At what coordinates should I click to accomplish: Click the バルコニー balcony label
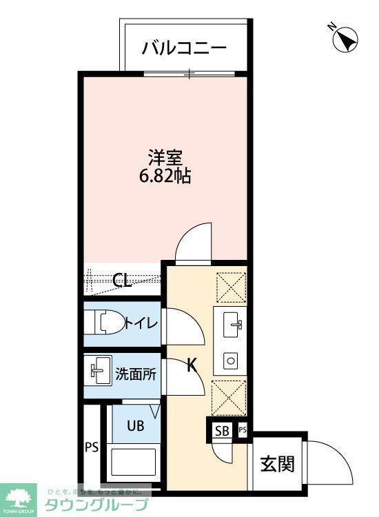[184, 48]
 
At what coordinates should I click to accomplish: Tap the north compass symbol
[343, 40]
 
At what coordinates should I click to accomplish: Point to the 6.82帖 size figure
[166, 176]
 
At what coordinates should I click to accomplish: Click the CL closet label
[123, 280]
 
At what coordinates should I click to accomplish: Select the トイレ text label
[142, 323]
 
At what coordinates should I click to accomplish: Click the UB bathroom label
[135, 425]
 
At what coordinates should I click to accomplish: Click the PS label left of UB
[92, 447]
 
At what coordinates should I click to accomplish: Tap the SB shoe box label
[222, 431]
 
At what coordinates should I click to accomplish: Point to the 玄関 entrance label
[277, 465]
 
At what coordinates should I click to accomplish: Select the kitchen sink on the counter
[232, 323]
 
